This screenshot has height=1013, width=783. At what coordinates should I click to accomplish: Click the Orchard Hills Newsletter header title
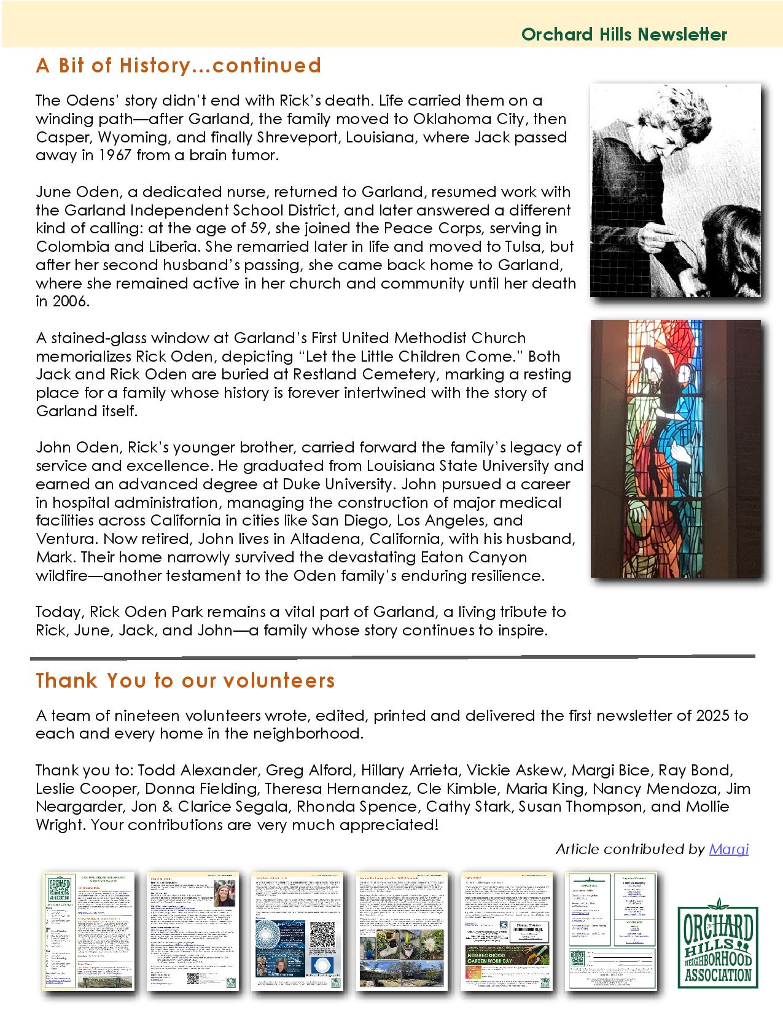(x=624, y=34)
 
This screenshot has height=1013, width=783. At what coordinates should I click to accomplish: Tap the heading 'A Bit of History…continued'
(x=179, y=65)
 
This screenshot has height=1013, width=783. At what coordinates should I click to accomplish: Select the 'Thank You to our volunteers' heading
(x=185, y=680)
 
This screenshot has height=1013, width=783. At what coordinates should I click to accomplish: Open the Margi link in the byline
(x=728, y=849)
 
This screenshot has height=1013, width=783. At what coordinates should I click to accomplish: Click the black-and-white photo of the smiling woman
(x=675, y=190)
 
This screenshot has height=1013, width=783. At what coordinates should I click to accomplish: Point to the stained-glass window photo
(x=675, y=448)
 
